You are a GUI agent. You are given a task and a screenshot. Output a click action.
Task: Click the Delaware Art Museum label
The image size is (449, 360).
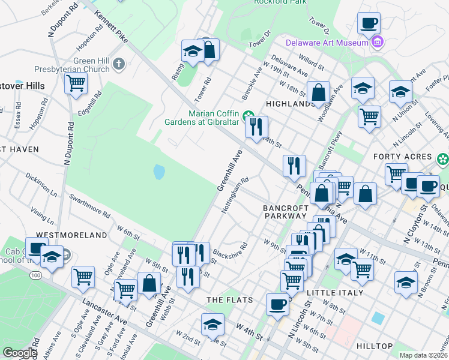point(327,43)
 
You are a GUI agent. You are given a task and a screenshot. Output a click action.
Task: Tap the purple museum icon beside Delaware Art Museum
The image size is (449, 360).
point(378,42)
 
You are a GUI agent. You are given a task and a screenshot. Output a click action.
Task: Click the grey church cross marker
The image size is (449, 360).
point(119,64)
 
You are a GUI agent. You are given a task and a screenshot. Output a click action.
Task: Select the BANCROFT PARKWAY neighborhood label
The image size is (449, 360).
point(286,212)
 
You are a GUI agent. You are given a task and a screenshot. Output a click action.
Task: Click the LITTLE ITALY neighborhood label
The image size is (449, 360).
point(335,293)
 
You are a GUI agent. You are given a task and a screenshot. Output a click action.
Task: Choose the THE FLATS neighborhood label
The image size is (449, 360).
point(229,299)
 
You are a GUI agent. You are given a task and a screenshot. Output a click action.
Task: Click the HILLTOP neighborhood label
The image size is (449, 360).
point(375,346)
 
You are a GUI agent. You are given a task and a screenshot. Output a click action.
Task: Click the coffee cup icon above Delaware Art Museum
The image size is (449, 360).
point(369,24)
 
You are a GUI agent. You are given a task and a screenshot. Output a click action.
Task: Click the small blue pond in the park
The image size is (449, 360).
point(158,172)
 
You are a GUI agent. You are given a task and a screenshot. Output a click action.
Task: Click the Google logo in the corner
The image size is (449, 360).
point(20,353)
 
